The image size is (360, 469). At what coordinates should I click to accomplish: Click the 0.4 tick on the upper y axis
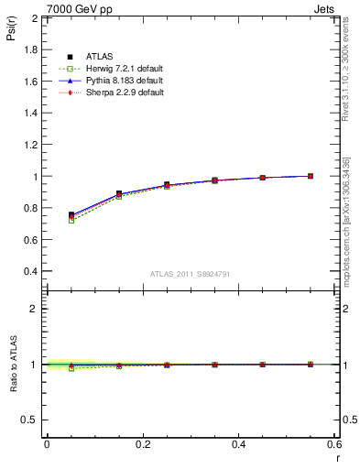(31, 271)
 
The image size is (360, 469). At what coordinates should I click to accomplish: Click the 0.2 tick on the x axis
(143, 444)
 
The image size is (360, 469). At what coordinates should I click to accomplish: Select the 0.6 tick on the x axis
(335, 444)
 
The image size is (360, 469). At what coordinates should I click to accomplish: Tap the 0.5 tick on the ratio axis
(31, 420)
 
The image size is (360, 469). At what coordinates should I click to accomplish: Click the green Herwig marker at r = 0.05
(71, 221)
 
